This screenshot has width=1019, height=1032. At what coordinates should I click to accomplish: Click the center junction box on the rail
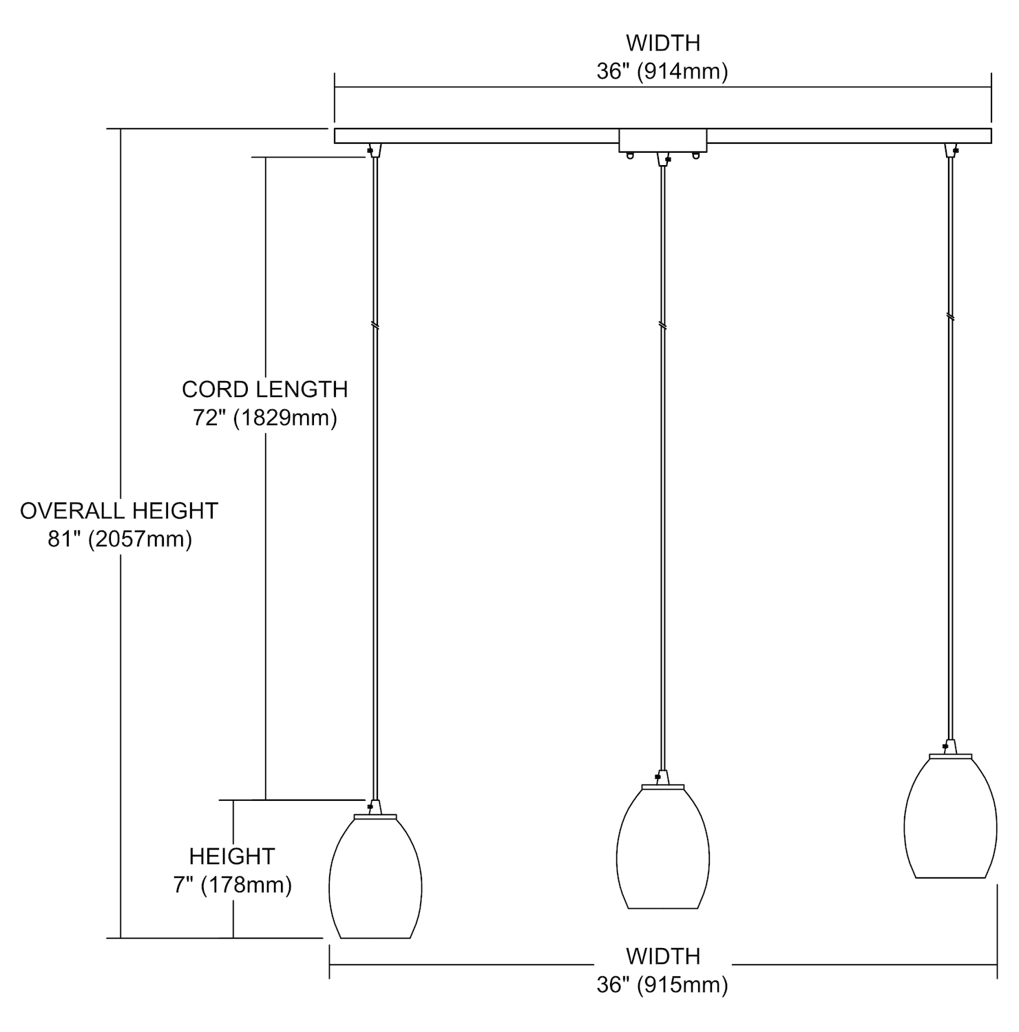(x=663, y=140)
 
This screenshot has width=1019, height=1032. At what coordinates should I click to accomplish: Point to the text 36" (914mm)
(x=662, y=71)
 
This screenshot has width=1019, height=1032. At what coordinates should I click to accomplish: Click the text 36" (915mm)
(x=662, y=985)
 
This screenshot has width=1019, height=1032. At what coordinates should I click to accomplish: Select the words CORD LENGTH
(x=265, y=389)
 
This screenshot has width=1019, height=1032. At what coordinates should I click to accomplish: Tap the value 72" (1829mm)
(x=265, y=418)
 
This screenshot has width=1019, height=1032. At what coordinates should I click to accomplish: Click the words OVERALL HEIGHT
(x=119, y=510)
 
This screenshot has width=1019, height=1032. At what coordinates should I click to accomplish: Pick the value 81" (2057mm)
(x=120, y=539)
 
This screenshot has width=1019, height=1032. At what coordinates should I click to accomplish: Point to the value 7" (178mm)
(x=233, y=884)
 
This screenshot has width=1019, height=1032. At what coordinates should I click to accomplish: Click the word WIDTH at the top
(x=663, y=43)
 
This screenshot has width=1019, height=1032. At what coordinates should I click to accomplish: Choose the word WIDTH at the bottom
(x=663, y=956)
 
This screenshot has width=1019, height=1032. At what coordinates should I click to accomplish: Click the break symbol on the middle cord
(x=662, y=325)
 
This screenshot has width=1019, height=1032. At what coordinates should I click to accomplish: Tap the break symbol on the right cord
(x=950, y=317)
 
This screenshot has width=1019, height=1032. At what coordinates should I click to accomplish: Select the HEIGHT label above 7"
(x=232, y=856)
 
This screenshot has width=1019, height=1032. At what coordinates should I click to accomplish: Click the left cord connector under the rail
(x=375, y=150)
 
